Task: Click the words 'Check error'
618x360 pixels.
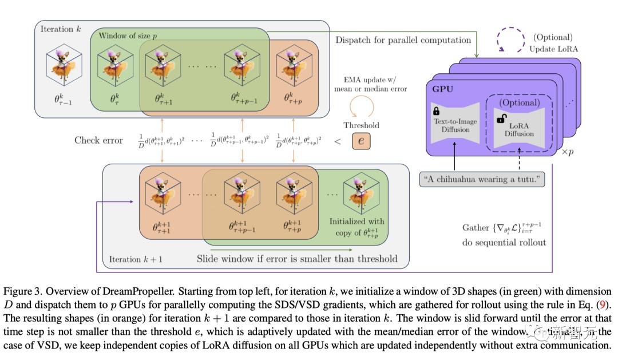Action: pyautogui.click(x=98, y=140)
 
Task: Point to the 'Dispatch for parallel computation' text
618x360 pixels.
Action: pyautogui.click(x=403, y=40)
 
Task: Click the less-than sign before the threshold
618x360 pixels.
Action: pyautogui.click(x=338, y=141)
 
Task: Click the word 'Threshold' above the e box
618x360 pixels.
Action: pyautogui.click(x=361, y=125)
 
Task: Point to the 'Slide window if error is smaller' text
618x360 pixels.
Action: pyautogui.click(x=297, y=259)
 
